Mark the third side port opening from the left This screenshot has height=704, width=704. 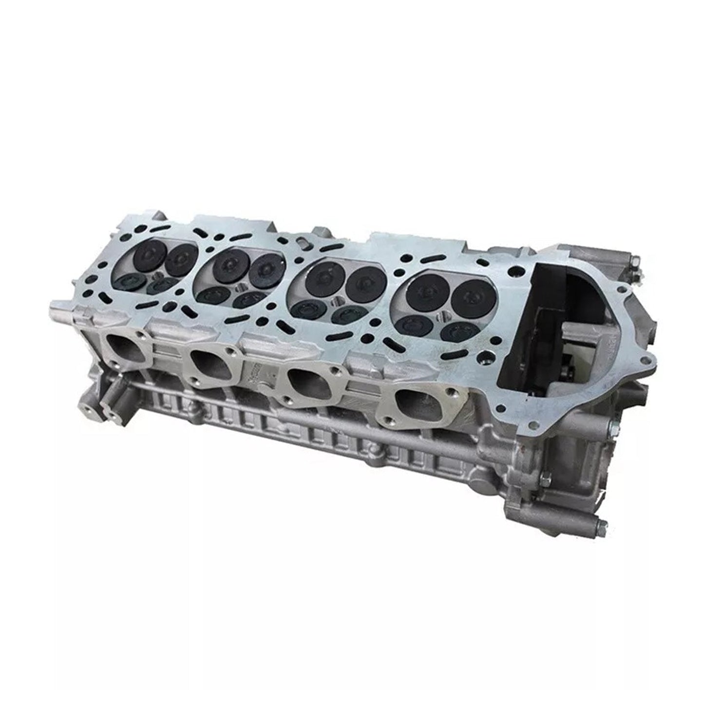(304, 381)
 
